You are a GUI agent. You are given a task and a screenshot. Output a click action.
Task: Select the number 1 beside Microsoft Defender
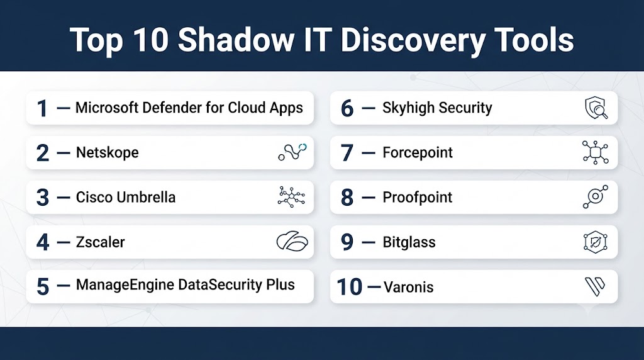[42, 108]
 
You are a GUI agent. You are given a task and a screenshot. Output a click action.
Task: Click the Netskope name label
[107, 152]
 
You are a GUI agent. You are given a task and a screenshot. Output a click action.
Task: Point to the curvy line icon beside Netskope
[292, 152]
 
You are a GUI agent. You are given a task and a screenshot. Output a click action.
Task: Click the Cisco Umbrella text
[126, 197]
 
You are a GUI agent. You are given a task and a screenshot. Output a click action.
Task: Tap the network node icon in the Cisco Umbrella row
[291, 197]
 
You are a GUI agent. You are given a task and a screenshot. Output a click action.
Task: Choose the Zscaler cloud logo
[292, 241]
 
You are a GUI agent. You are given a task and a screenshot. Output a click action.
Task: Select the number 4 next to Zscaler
[43, 242]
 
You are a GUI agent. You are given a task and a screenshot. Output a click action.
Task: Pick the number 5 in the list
[43, 287]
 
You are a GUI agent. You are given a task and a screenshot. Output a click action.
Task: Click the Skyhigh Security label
[437, 108]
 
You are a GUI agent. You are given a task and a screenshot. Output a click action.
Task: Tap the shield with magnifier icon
[596, 108]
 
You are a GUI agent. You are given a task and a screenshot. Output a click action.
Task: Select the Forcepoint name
[418, 152]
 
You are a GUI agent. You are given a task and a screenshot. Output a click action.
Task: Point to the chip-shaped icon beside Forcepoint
[596, 152]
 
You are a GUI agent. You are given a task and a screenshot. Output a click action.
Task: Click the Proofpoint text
[418, 197]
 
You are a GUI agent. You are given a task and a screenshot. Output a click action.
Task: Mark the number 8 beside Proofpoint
[347, 198]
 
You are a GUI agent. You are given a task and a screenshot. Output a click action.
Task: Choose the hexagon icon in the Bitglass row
[595, 242]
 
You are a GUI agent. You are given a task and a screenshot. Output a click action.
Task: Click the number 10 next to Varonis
[350, 287]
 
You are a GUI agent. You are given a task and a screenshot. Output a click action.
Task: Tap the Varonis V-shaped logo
[594, 286]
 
